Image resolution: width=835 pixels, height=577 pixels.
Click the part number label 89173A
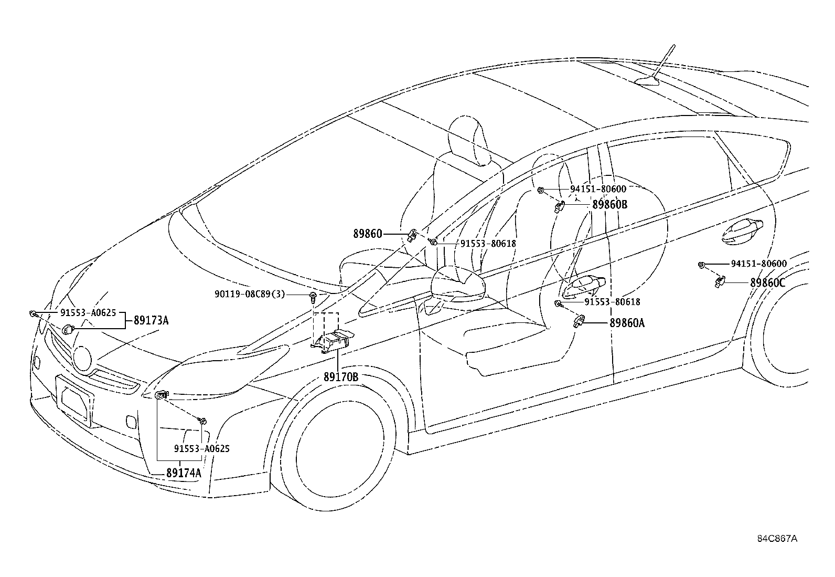[151, 320]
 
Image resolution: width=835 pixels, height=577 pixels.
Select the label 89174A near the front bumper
[184, 473]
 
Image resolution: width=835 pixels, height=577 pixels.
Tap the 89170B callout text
[340, 377]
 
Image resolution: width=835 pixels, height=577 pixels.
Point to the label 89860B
[609, 204]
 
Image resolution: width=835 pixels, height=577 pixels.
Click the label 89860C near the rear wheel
[767, 282]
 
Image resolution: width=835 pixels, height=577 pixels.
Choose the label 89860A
[627, 323]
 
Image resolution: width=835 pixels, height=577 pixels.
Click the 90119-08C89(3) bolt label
[250, 294]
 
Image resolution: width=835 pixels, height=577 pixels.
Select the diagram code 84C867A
[777, 539]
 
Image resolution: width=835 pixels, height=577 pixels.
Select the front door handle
[585, 284]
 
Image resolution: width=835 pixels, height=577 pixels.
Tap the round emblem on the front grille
[82, 359]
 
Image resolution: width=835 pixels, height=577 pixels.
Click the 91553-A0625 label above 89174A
[201, 449]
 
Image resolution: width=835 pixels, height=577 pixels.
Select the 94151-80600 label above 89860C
[758, 264]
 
